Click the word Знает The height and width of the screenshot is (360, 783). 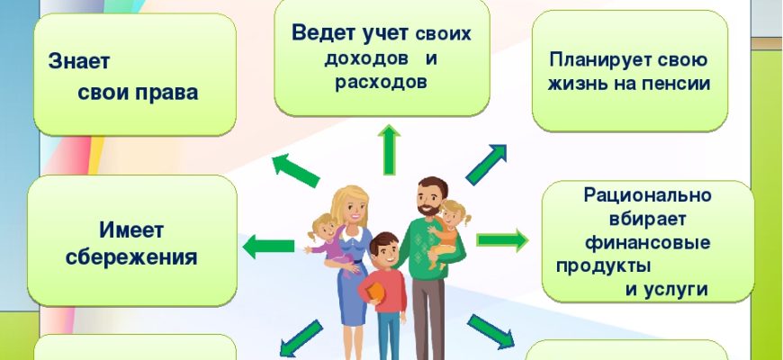pyautogui.click(x=79, y=62)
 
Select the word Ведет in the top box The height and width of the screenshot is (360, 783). pyautogui.click(x=322, y=33)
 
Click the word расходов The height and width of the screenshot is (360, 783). pyautogui.click(x=381, y=83)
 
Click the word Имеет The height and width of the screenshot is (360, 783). pyautogui.click(x=131, y=229)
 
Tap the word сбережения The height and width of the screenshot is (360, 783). pyautogui.click(x=131, y=257)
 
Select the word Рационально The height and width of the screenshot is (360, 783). pyautogui.click(x=647, y=194)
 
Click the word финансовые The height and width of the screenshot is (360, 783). pyautogui.click(x=648, y=243)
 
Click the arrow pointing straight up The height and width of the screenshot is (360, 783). pyautogui.click(x=389, y=149)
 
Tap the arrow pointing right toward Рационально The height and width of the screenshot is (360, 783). pyautogui.click(x=502, y=240)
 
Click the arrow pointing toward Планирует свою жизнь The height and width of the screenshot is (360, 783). pyautogui.click(x=486, y=165)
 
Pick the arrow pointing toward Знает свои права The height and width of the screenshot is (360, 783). pyautogui.click(x=295, y=170)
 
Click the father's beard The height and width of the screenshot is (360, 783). pyautogui.click(x=428, y=208)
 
